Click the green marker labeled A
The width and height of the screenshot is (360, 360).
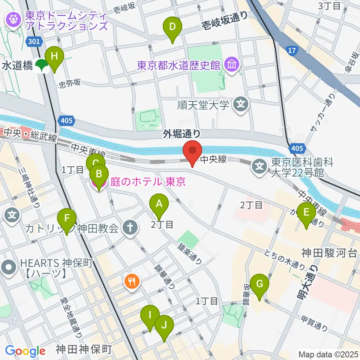coord(159,205)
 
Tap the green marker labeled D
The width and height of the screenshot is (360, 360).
coord(172,27)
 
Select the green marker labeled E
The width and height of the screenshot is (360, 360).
coord(306,213)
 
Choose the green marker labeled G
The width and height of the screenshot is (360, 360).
coord(259,284)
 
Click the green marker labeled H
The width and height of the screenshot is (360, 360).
coord(54,57)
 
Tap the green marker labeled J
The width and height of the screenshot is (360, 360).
coord(164,325)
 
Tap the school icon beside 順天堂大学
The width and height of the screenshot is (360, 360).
coord(240,105)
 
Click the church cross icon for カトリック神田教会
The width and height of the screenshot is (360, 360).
coord(130,228)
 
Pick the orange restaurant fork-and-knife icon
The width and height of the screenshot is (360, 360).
coord(132,281)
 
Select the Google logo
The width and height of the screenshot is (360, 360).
coord(25,351)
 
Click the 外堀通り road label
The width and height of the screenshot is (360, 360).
coord(182,133)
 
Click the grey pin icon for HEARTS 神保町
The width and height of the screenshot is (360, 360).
coord(9,268)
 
